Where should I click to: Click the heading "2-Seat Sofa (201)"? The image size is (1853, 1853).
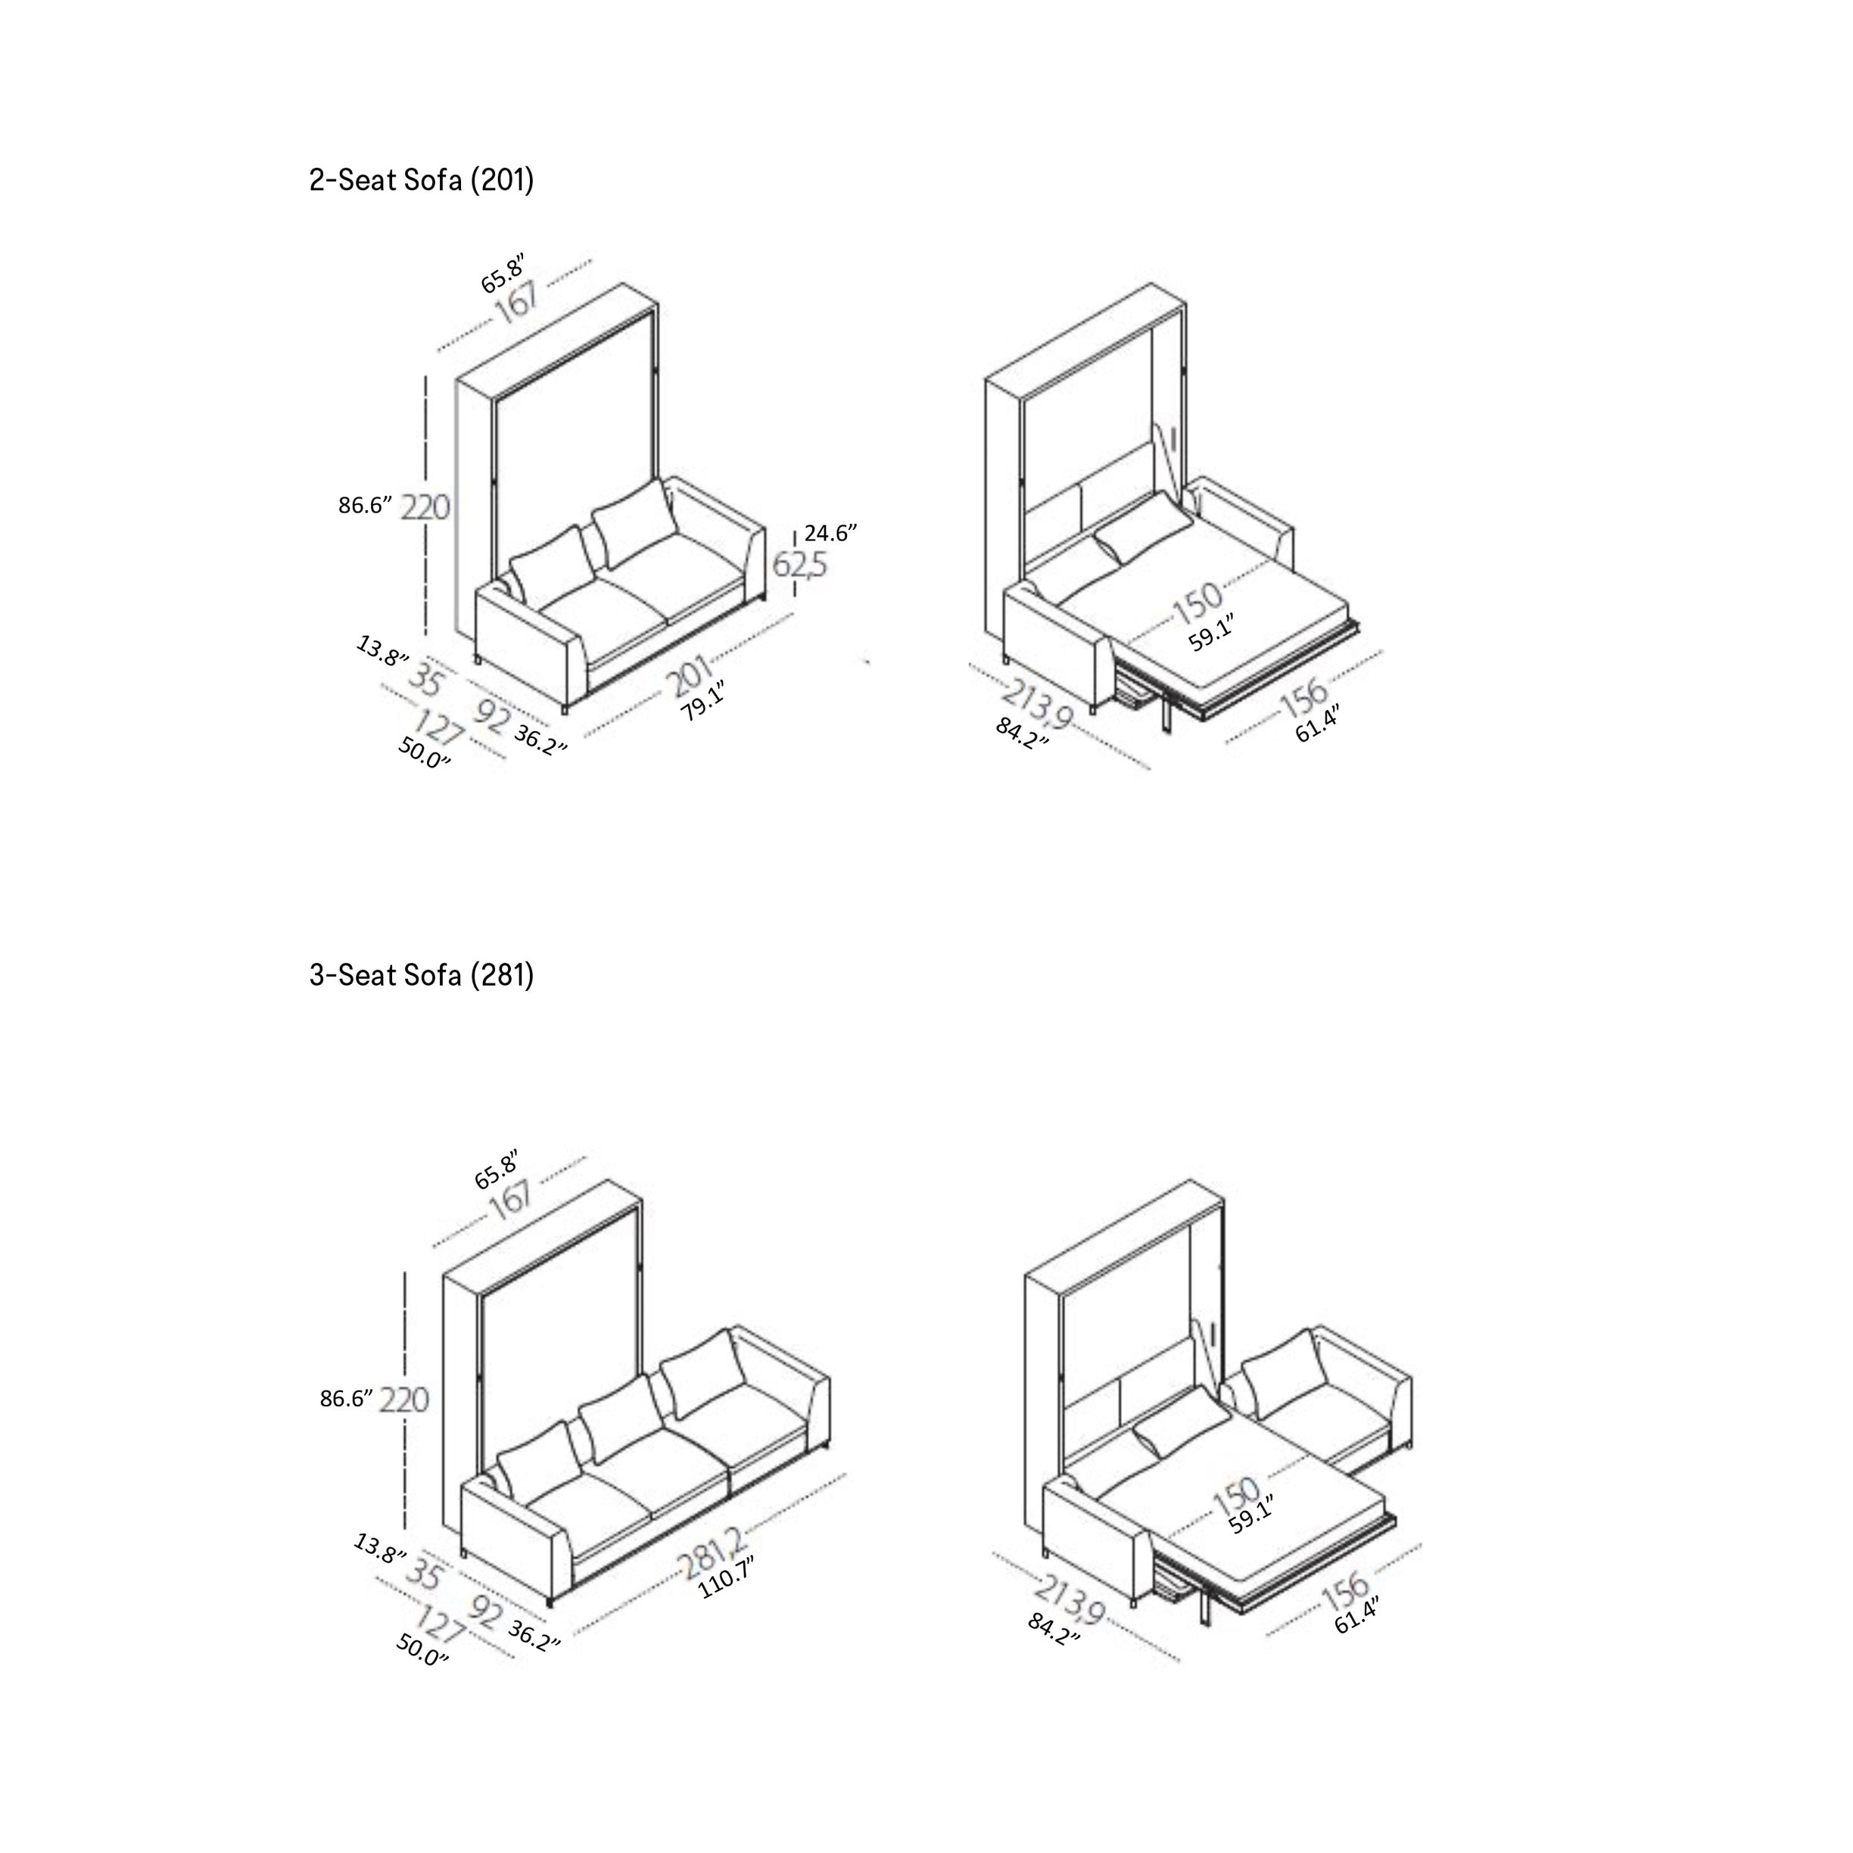421,179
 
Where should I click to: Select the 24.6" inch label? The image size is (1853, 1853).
830,533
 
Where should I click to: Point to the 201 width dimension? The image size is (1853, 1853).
690,676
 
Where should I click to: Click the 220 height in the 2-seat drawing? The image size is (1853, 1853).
425,506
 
